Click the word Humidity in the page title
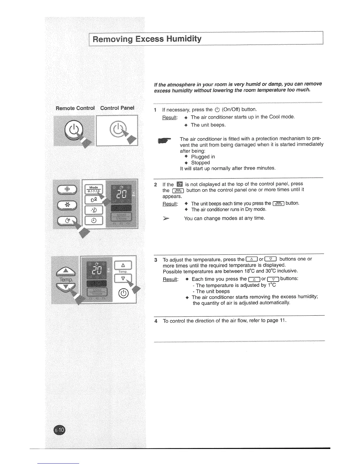pyautogui.click(x=183, y=39)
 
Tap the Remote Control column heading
pyautogui.click(x=75, y=108)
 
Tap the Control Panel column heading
pyautogui.click(x=117, y=108)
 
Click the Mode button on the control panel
pyautogui.click(x=94, y=189)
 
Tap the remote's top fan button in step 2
pyautogui.click(x=67, y=189)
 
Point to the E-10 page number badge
pyautogui.click(x=60, y=431)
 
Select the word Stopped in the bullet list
pyautogui.click(x=201, y=163)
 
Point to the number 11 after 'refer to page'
pyautogui.click(x=282, y=320)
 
